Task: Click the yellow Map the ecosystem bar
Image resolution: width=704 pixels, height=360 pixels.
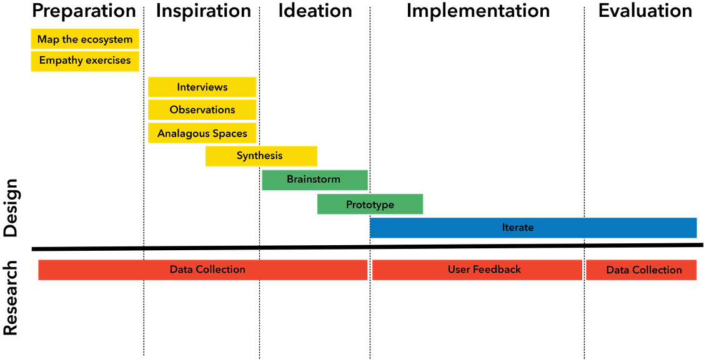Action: tap(85, 39)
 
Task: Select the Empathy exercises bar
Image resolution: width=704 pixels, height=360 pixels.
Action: tap(85, 61)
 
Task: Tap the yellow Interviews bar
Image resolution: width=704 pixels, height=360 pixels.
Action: tap(202, 87)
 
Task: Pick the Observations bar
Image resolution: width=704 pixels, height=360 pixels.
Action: tap(202, 110)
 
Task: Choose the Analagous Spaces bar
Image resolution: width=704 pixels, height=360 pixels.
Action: tap(202, 133)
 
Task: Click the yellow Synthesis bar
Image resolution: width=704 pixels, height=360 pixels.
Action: tap(260, 156)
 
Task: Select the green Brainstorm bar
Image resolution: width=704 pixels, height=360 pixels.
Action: tap(314, 180)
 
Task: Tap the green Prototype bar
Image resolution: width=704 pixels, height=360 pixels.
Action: tap(370, 204)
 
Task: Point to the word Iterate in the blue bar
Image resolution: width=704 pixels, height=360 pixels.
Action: tap(518, 227)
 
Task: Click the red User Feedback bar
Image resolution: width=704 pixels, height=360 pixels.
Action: tap(477, 270)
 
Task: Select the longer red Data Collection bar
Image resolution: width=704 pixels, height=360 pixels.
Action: tap(203, 270)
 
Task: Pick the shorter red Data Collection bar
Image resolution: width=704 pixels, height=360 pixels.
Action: tap(642, 270)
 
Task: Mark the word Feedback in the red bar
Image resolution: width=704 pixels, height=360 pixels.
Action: tap(497, 270)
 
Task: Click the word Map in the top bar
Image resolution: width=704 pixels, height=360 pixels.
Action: tap(48, 39)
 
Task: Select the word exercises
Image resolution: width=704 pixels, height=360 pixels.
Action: tap(108, 61)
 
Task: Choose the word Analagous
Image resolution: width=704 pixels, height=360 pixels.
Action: tap(181, 134)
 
